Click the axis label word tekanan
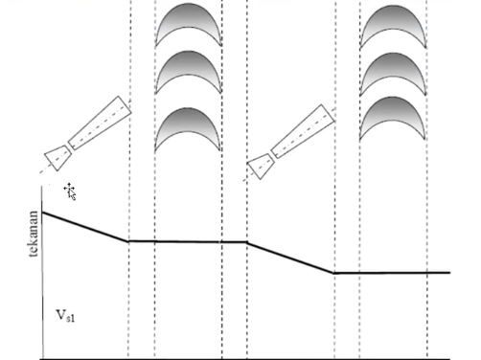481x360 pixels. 34,234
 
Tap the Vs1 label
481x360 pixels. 66,315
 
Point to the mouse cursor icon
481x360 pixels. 70,191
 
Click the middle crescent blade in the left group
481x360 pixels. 189,63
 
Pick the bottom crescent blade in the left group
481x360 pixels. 188,121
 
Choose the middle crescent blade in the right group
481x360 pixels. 393,65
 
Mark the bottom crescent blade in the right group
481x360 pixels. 393,109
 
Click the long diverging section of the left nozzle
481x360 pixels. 100,123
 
